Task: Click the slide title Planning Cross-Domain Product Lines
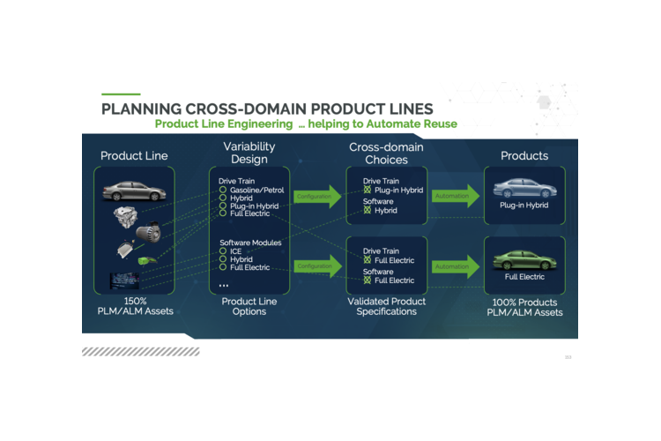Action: [267, 108]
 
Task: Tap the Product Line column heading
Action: [134, 156]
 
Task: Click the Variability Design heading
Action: [249, 153]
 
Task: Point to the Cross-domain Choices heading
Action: [386, 153]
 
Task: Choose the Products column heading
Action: [524, 156]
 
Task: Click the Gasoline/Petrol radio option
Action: [224, 190]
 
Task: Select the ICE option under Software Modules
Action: [224, 251]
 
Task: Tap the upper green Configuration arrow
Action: [318, 196]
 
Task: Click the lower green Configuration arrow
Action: [318, 265]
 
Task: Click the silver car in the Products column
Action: [524, 188]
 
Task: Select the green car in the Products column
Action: [524, 259]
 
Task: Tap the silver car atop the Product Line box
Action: [133, 191]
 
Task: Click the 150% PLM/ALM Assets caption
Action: [133, 306]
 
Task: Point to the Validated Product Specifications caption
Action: [386, 306]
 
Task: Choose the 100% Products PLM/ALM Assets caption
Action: [524, 306]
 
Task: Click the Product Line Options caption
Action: [249, 306]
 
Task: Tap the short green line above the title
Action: [121, 93]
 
